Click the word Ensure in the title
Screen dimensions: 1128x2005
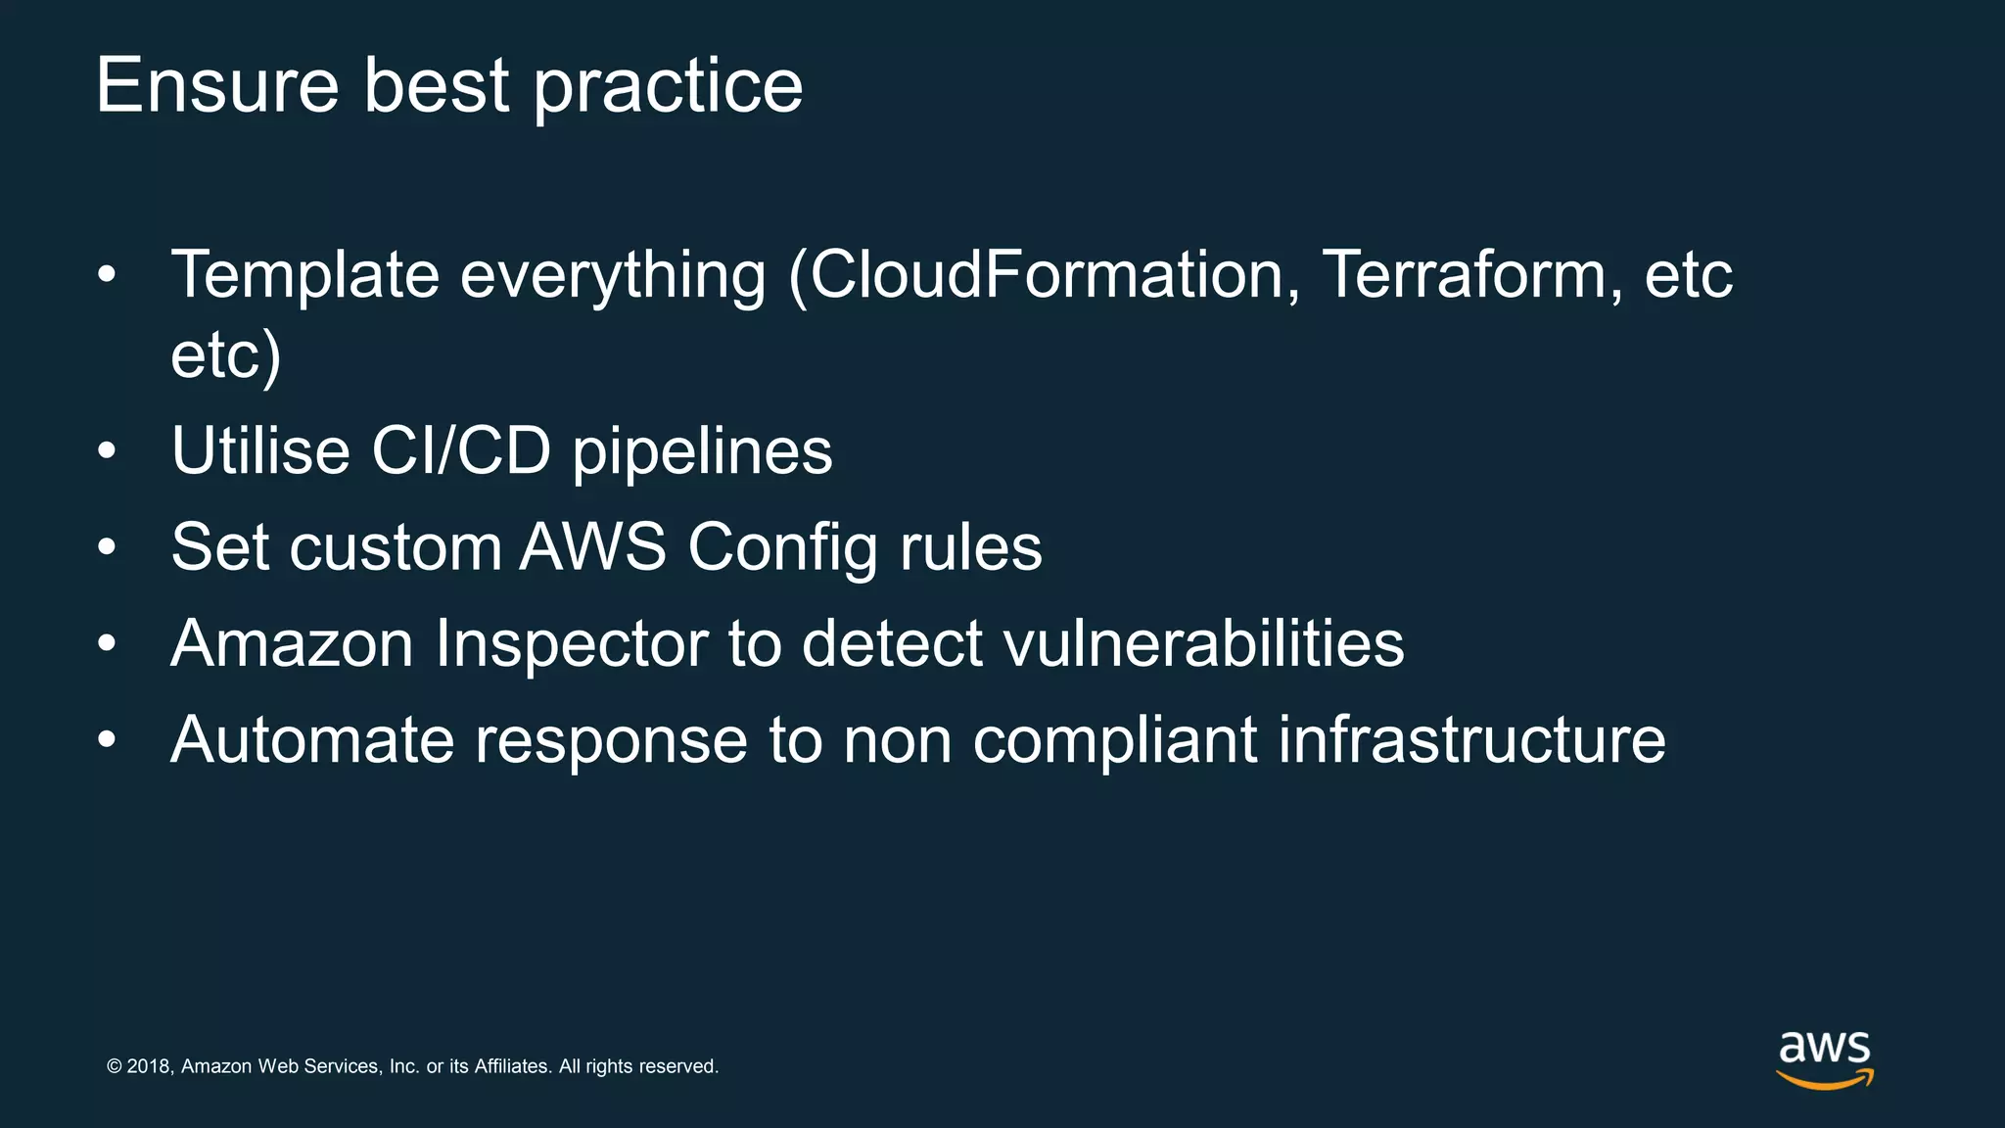point(217,86)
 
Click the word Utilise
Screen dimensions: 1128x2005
point(260,451)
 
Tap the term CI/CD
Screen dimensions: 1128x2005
point(461,451)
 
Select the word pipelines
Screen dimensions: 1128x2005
point(702,453)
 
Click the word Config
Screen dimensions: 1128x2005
point(782,548)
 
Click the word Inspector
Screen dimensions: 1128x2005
point(572,645)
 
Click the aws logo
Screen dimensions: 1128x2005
point(1825,1058)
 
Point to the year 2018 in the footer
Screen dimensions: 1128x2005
point(150,1066)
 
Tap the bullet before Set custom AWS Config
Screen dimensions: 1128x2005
point(107,548)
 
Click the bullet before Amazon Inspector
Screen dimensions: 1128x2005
point(107,644)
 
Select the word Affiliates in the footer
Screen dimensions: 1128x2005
point(512,1066)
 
